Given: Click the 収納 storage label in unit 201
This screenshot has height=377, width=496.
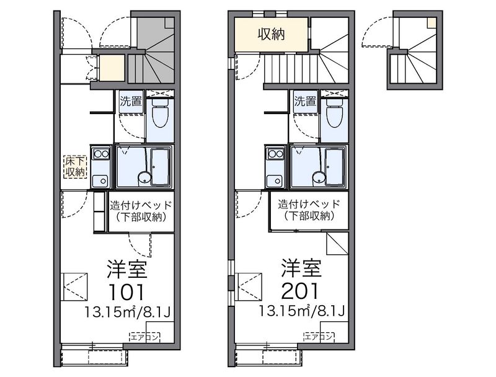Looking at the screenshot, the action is (x=272, y=34).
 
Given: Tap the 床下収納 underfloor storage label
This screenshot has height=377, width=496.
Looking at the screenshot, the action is (x=75, y=167).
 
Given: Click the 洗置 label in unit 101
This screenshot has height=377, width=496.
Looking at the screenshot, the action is (x=131, y=102).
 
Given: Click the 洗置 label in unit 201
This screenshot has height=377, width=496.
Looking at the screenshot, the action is (x=305, y=102).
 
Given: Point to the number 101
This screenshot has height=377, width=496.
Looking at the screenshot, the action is (x=126, y=292).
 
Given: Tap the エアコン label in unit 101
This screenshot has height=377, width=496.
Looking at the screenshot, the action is (x=144, y=337).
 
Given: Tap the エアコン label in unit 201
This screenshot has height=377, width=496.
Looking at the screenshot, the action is (x=319, y=337).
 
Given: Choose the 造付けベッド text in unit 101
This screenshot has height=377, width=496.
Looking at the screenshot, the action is (x=141, y=205).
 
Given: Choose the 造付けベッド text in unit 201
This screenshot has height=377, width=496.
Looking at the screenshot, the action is (x=309, y=205).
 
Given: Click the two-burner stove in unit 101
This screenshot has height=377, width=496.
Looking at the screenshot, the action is (x=101, y=154).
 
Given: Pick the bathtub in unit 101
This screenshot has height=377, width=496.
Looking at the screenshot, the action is (x=160, y=166).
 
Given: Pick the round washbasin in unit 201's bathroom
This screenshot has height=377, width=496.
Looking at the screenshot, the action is (x=319, y=178).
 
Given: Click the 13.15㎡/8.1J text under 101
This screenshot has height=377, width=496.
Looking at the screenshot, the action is (x=128, y=313).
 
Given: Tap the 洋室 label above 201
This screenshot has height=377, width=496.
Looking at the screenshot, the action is (x=301, y=268).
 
